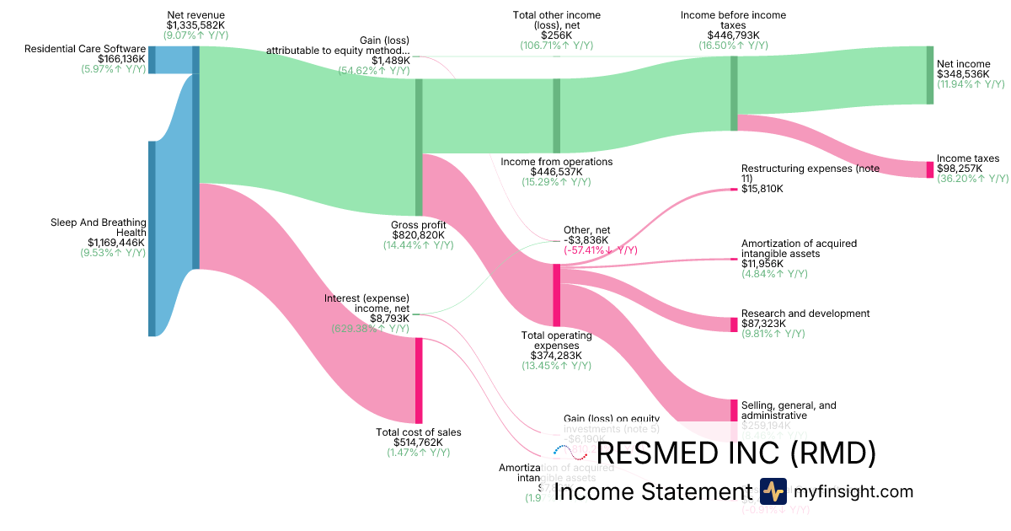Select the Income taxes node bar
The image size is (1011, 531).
point(930,169)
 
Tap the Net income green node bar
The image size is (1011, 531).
point(930,75)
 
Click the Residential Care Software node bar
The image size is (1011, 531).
point(152,60)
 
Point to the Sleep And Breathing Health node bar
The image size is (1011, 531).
point(152,239)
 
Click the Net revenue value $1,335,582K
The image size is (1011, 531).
point(196,26)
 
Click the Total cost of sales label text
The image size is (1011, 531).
point(418,432)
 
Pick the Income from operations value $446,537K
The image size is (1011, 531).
point(556,171)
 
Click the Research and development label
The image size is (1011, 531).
point(805,314)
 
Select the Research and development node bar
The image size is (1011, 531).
point(734,324)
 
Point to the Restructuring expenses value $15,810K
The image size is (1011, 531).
point(762,190)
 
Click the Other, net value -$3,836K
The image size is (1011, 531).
point(588,239)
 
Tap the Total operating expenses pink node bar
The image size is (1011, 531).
point(556,295)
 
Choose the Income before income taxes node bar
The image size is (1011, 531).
point(734,94)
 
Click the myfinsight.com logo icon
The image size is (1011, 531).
point(773,491)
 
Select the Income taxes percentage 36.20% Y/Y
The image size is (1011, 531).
point(972,179)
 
